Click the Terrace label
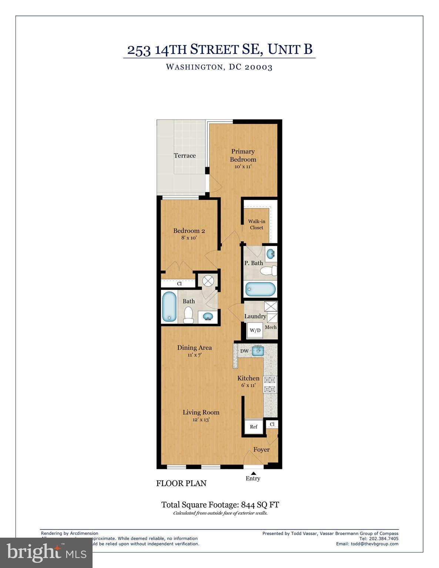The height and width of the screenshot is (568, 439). [185, 156]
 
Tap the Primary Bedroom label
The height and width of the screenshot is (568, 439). [243, 155]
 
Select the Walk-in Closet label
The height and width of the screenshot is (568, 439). [257, 224]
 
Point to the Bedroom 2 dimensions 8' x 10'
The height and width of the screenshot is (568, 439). [189, 238]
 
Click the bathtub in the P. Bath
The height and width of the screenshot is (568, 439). [261, 289]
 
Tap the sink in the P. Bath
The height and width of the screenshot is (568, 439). [271, 254]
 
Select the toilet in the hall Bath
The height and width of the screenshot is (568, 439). [189, 315]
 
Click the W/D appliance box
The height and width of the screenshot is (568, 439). [255, 330]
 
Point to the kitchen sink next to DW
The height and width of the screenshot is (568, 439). [258, 351]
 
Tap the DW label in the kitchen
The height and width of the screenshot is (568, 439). [244, 351]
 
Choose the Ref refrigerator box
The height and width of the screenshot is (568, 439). [254, 426]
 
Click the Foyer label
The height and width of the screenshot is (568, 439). [261, 450]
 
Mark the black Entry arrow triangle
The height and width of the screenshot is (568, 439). [254, 473]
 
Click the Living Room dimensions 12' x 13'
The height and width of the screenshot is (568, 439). [201, 420]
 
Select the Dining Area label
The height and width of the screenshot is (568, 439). [194, 348]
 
